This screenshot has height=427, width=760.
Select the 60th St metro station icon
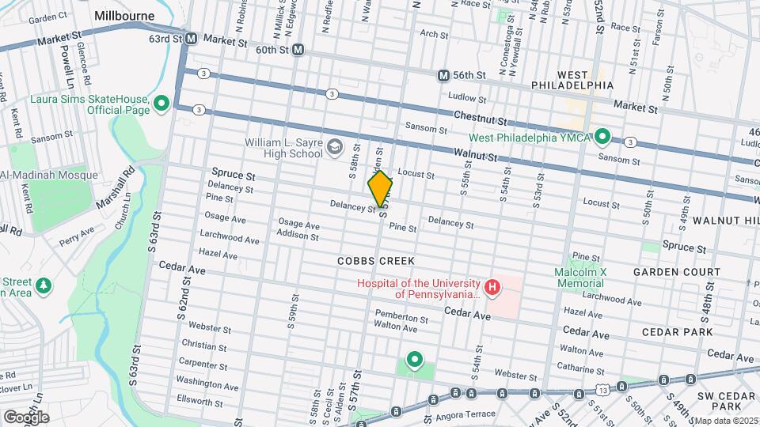298,50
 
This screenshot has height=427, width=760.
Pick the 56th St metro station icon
443,74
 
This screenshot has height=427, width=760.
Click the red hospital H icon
492,287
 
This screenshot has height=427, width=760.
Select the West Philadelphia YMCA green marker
602,136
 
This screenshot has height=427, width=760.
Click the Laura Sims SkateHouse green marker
161,104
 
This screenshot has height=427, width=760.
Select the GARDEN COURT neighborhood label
676,272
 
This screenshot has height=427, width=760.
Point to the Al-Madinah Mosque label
49,175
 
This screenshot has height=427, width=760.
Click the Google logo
26,417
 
